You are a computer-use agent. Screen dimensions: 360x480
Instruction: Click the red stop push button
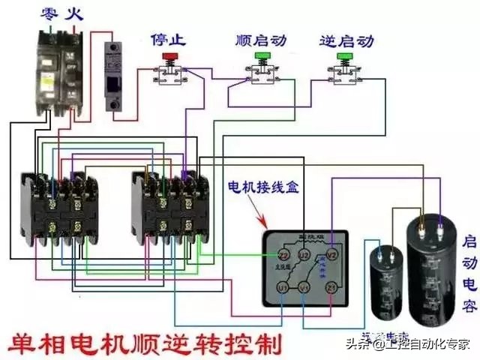169,56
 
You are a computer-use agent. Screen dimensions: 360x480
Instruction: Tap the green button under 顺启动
262,56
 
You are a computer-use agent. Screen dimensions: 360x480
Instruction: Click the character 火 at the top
73,13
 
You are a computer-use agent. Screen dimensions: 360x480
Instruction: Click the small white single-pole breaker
114,75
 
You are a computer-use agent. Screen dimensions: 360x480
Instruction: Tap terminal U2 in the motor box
304,256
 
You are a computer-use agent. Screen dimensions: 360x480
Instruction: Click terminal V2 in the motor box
334,256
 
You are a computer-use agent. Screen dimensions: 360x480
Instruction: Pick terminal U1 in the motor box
282,287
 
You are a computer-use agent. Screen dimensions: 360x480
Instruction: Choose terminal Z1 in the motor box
331,287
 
